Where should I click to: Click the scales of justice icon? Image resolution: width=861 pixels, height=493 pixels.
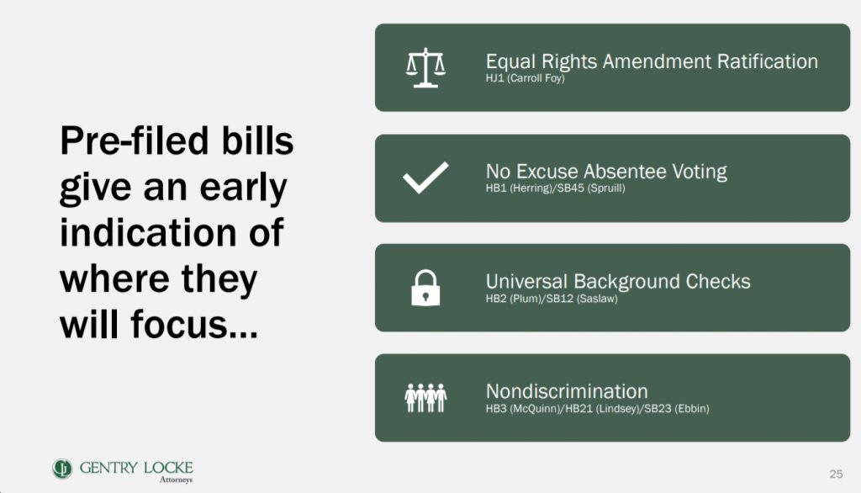[x=425, y=67]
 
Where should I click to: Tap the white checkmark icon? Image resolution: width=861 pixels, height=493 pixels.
[x=425, y=178]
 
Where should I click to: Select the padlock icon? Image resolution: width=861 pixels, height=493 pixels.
[x=425, y=288]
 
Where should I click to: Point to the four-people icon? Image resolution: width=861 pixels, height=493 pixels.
[x=425, y=397]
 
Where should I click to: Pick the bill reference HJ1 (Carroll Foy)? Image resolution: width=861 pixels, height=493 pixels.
[x=525, y=78]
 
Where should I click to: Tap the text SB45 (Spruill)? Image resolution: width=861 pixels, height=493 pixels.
[x=591, y=188]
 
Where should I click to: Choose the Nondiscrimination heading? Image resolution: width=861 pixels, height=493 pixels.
[x=567, y=391]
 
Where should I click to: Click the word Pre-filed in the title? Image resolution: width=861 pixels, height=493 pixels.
[x=135, y=140]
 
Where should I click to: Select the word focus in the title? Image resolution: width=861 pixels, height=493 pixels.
[x=179, y=324]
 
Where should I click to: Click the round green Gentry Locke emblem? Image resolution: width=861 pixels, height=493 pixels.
[x=62, y=469]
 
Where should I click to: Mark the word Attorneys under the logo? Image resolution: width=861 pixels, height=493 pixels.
[x=177, y=480]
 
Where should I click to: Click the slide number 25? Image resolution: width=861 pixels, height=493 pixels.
[x=836, y=474]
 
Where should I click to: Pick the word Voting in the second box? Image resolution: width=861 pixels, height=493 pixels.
[x=700, y=172]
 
